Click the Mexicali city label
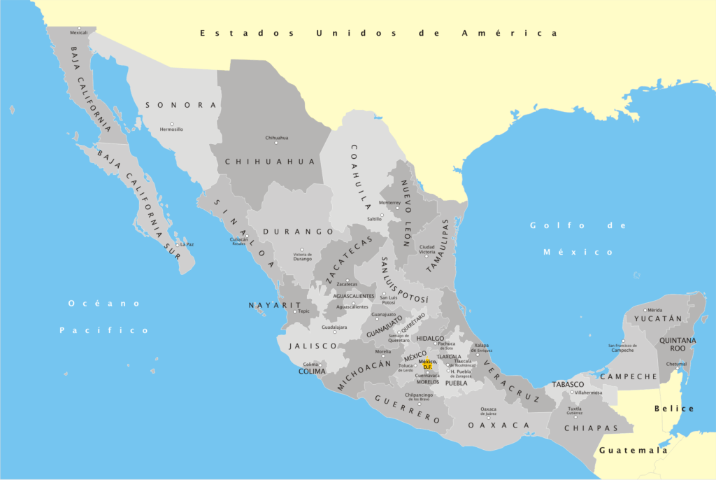coord(79,33)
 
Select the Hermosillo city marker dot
coord(171,123)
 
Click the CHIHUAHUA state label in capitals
coord(271,161)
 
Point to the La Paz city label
coord(187,244)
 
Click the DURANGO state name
coord(299,231)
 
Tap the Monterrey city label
coord(389,203)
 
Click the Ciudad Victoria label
coord(427,249)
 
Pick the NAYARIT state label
coord(274,305)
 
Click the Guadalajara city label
coord(334,327)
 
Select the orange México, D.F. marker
coord(427,364)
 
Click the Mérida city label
coord(654,310)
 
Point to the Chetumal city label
coord(675,364)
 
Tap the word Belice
coord(674,408)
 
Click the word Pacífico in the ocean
coord(104,330)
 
